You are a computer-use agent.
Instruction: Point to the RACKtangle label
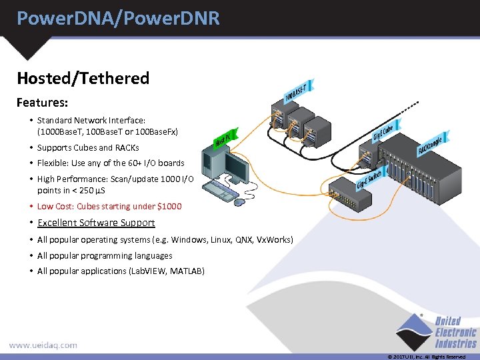429,142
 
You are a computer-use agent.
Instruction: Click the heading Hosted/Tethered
83,78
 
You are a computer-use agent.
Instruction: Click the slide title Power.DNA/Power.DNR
118,18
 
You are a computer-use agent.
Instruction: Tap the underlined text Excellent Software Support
96,223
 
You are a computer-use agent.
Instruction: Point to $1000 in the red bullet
168,206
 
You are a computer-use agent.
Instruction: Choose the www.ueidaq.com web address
43,345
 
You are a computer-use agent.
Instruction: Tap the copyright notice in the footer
426,357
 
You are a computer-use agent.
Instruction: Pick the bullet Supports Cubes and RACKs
88,147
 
